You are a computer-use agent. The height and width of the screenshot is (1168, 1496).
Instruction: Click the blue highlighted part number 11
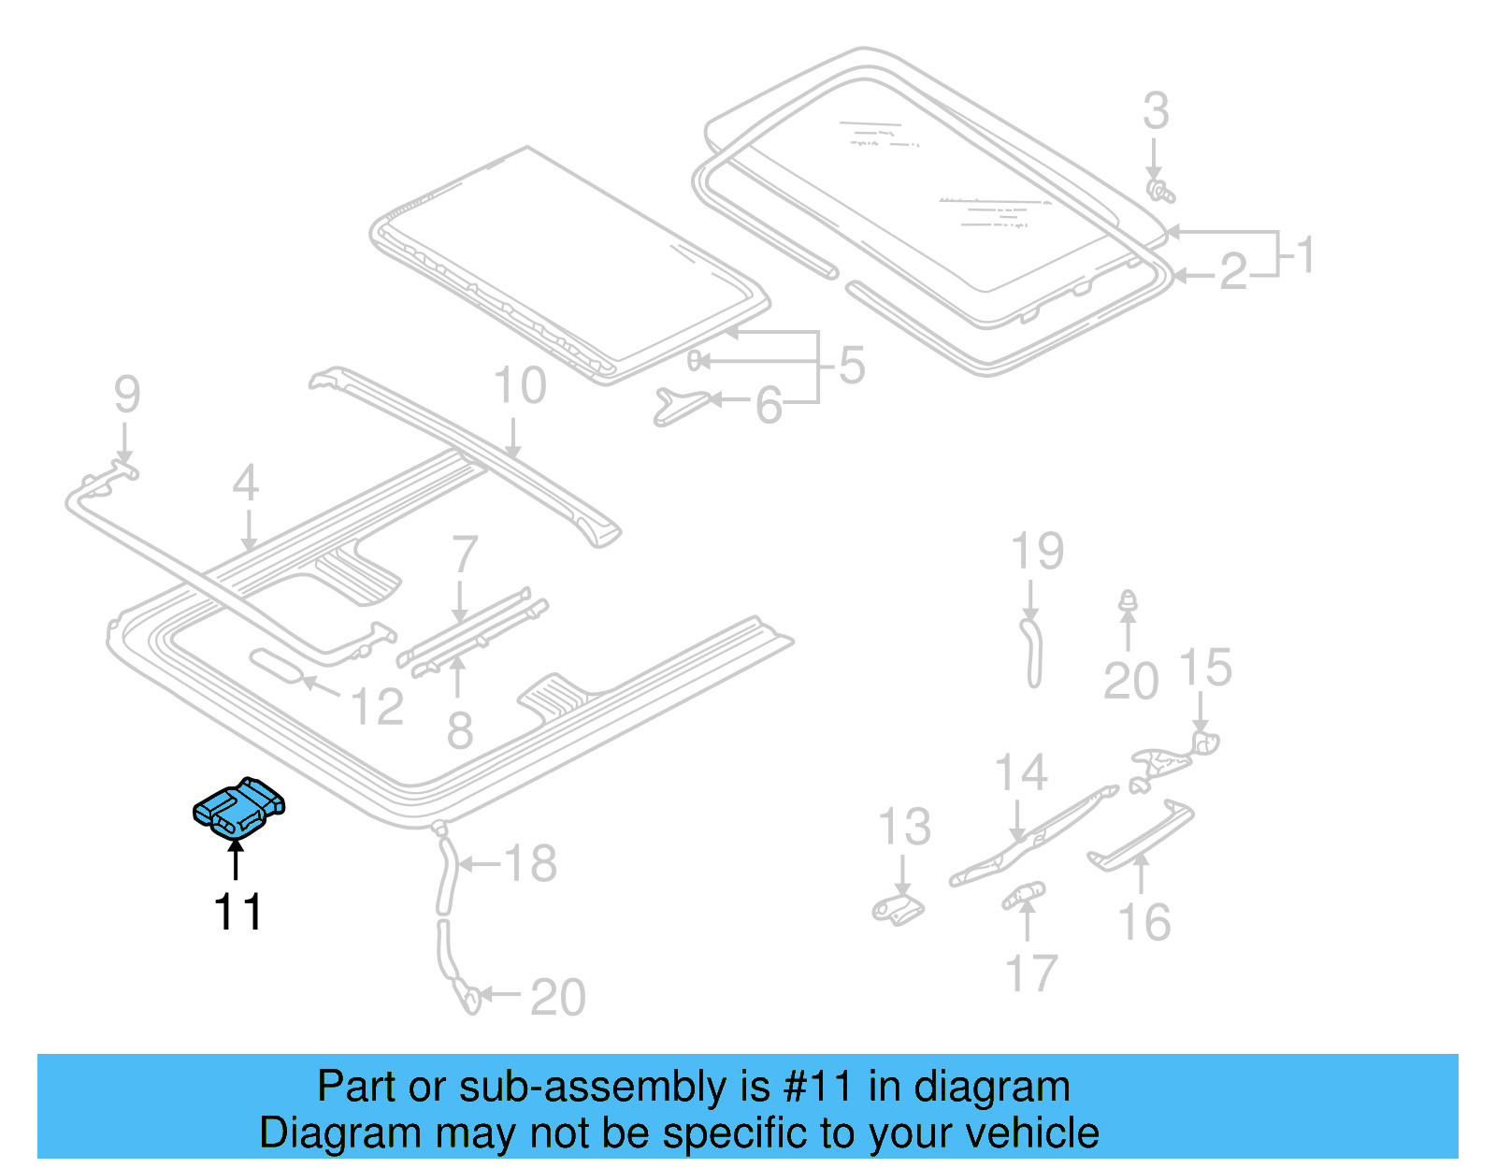click(239, 806)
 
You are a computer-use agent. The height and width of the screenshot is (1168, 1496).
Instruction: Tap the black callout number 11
click(237, 911)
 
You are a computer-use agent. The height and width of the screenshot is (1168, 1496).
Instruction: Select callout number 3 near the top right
click(1156, 111)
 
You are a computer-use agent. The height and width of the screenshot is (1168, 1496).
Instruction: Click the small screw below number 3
click(1159, 191)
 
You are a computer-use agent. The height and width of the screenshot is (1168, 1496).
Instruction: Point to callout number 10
click(519, 385)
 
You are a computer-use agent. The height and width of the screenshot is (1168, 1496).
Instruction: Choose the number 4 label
click(245, 483)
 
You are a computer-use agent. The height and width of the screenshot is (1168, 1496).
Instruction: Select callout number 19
click(1037, 551)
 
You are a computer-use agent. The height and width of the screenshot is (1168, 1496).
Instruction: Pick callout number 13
click(904, 827)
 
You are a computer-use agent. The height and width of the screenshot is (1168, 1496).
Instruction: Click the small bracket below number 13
click(899, 908)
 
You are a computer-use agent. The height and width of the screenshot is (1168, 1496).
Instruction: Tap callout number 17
click(1030, 973)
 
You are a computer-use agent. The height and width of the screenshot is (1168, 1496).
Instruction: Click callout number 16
click(1144, 922)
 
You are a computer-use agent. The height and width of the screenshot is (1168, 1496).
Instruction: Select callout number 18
click(530, 863)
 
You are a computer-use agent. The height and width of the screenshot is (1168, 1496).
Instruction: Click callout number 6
click(768, 406)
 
